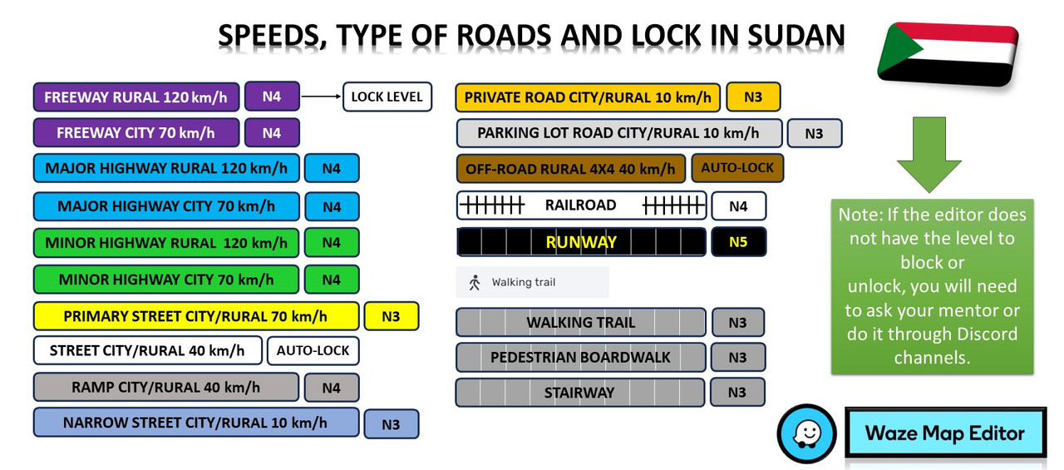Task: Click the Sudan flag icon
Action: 948,54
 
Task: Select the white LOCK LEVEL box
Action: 387,97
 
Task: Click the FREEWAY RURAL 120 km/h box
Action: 136,97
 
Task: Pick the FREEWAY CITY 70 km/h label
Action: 136,132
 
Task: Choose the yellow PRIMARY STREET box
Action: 196,316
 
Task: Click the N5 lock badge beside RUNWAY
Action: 739,242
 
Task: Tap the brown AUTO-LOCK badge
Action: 737,168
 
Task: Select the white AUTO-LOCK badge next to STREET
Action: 313,351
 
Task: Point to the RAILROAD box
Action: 581,205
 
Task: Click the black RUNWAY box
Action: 581,242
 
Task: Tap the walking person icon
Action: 475,282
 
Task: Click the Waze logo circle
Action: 806,433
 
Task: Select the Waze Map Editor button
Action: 945,433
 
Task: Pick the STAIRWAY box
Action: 580,393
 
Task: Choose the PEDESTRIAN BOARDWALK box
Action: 581,357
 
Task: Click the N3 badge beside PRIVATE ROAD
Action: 753,97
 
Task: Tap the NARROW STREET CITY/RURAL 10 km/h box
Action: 196,423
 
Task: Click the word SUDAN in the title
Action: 796,36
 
